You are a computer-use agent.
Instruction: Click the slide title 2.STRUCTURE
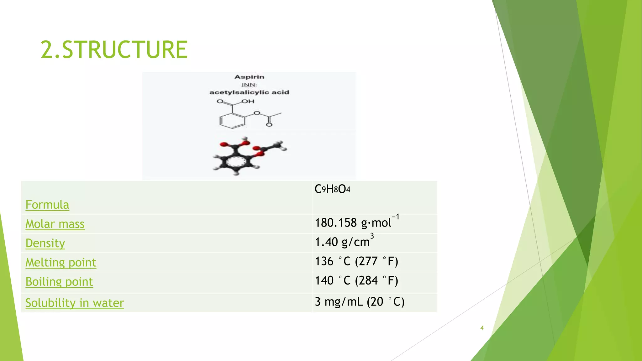(x=114, y=50)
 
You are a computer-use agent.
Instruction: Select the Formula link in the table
(x=47, y=205)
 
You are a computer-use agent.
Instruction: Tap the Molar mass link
(x=55, y=224)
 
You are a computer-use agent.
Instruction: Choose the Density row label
(x=45, y=243)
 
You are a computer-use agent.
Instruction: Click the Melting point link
(x=61, y=262)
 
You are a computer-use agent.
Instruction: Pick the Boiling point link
(x=59, y=282)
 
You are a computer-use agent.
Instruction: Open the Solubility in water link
(x=75, y=303)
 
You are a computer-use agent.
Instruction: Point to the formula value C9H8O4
(x=332, y=189)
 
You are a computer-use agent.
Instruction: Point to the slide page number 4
(x=482, y=328)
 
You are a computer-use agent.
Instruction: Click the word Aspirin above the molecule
(x=249, y=77)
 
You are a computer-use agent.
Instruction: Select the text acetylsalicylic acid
(x=249, y=92)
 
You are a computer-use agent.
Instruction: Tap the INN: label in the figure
(x=249, y=85)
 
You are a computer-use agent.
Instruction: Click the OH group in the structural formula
(x=248, y=101)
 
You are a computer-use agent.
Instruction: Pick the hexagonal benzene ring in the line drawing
(x=232, y=121)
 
